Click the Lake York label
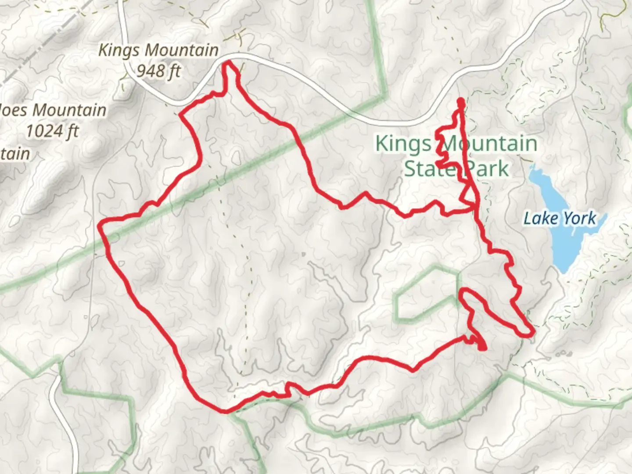click(560, 218)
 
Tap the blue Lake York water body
click(566, 246)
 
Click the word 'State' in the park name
click(425, 169)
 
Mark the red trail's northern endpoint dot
click(460, 102)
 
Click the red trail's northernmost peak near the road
click(228, 64)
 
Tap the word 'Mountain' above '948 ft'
click(182, 50)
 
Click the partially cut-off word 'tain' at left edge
click(16, 154)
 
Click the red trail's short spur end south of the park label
click(483, 348)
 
